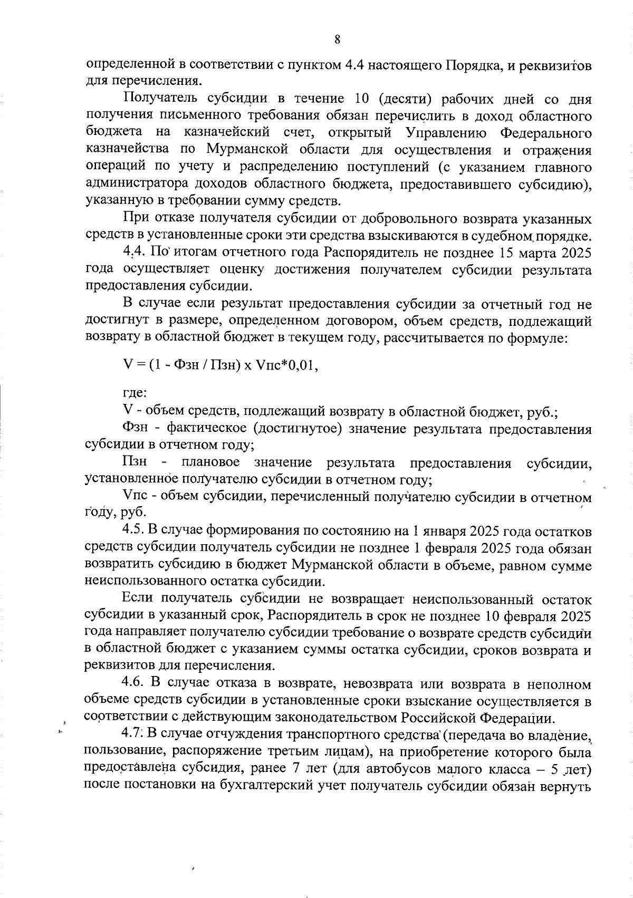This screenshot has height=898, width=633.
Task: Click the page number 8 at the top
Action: [337, 40]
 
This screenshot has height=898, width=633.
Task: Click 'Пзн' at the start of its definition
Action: [134, 463]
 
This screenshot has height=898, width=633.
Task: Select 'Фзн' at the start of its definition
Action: [135, 429]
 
